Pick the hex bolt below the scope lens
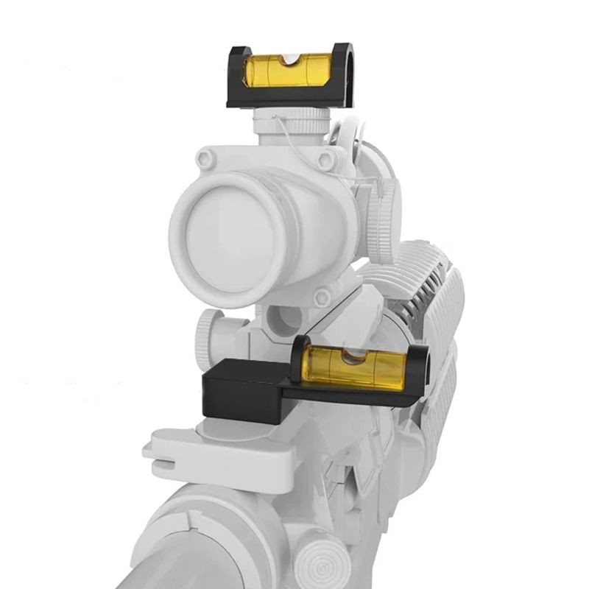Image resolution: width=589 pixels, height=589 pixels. tap(322, 297)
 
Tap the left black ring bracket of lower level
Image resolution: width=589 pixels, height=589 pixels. tap(302, 361)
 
